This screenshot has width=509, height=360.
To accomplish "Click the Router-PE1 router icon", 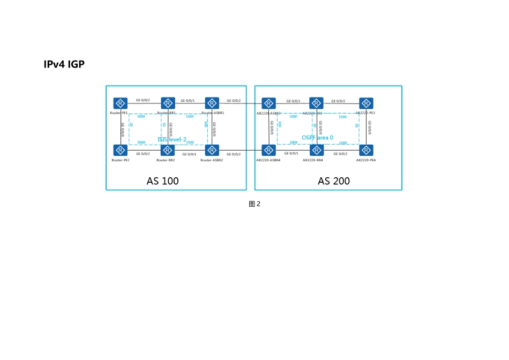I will coord(121,103).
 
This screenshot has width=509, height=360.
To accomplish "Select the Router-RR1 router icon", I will coord(168,103).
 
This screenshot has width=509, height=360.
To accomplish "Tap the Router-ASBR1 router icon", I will coord(212,103).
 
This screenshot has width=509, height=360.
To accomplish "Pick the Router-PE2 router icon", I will coord(121,150).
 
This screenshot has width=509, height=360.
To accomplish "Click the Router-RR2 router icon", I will coord(168,150).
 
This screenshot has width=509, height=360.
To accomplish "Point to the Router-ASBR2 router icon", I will coord(212,150).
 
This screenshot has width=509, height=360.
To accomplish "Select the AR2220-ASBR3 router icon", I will coord(268,103).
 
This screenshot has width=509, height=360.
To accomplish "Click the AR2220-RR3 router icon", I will coord(316,103).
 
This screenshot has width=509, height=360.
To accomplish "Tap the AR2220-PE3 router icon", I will coord(366,103).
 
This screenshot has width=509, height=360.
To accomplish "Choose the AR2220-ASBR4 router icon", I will coord(268,150).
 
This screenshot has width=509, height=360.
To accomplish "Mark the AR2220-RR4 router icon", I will coord(316,150).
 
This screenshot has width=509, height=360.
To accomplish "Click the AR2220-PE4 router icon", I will coord(366,150).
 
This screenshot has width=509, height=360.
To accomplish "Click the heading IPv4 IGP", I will coord(64,64).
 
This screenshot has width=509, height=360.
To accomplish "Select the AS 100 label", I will coord(162,181).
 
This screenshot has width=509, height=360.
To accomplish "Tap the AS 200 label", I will coord(333,181).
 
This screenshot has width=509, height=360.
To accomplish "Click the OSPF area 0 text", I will coord(317,138).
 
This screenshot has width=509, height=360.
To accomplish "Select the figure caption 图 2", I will coord(254,204).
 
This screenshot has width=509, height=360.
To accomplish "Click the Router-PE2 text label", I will coord(121,160).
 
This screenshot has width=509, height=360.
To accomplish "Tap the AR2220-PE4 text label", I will coord(366,160).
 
